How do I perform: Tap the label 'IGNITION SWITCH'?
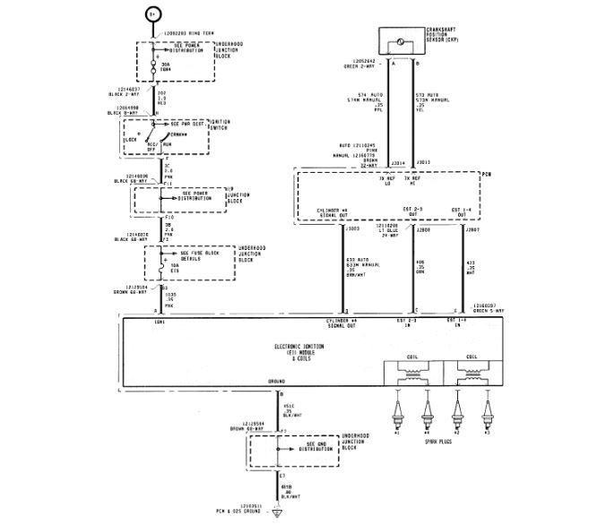tap(247, 126)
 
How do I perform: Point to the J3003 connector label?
tap(350, 230)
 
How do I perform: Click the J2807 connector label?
tap(471, 230)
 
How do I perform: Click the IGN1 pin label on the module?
tap(136, 322)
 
